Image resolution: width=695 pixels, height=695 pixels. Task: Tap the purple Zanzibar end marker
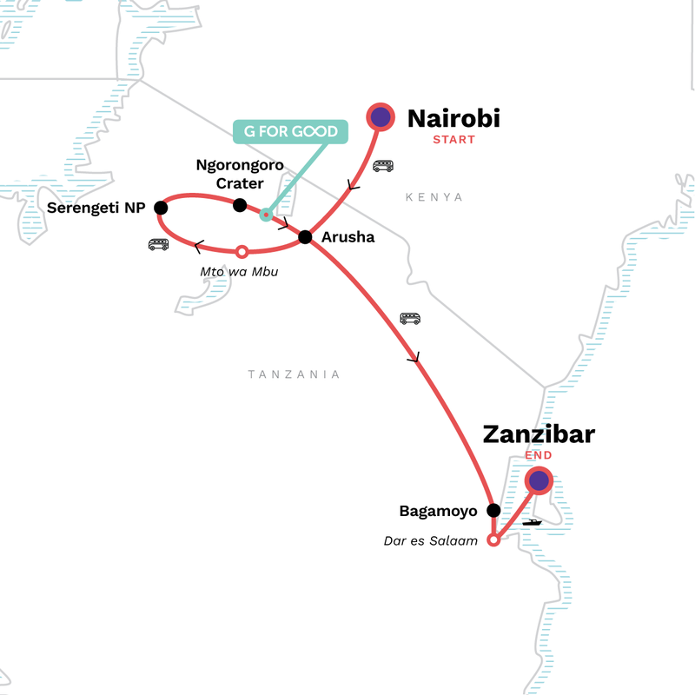[539, 480]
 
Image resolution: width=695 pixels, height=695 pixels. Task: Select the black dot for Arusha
[305, 236]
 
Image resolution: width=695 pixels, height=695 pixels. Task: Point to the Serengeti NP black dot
[160, 208]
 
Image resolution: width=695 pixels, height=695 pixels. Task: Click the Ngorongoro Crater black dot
[240, 205]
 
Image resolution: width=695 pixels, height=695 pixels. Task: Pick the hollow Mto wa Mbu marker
[242, 252]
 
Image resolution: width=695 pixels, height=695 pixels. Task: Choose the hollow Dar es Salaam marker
[493, 540]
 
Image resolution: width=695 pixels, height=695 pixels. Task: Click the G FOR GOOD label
[289, 132]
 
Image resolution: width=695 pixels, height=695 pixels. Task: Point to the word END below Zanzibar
[539, 455]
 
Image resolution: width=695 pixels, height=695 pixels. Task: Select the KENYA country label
[434, 198]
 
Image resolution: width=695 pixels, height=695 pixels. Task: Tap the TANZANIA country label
[294, 374]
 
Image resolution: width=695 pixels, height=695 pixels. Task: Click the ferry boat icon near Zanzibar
[532, 521]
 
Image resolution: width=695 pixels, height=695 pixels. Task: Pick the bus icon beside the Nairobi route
[383, 166]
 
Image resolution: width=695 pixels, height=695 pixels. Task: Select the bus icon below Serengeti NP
[158, 245]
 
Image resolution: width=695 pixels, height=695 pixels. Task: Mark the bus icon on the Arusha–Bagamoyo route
[410, 319]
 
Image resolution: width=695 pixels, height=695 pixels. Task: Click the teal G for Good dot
[266, 215]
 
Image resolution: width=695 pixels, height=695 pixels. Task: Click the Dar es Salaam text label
[432, 540]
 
